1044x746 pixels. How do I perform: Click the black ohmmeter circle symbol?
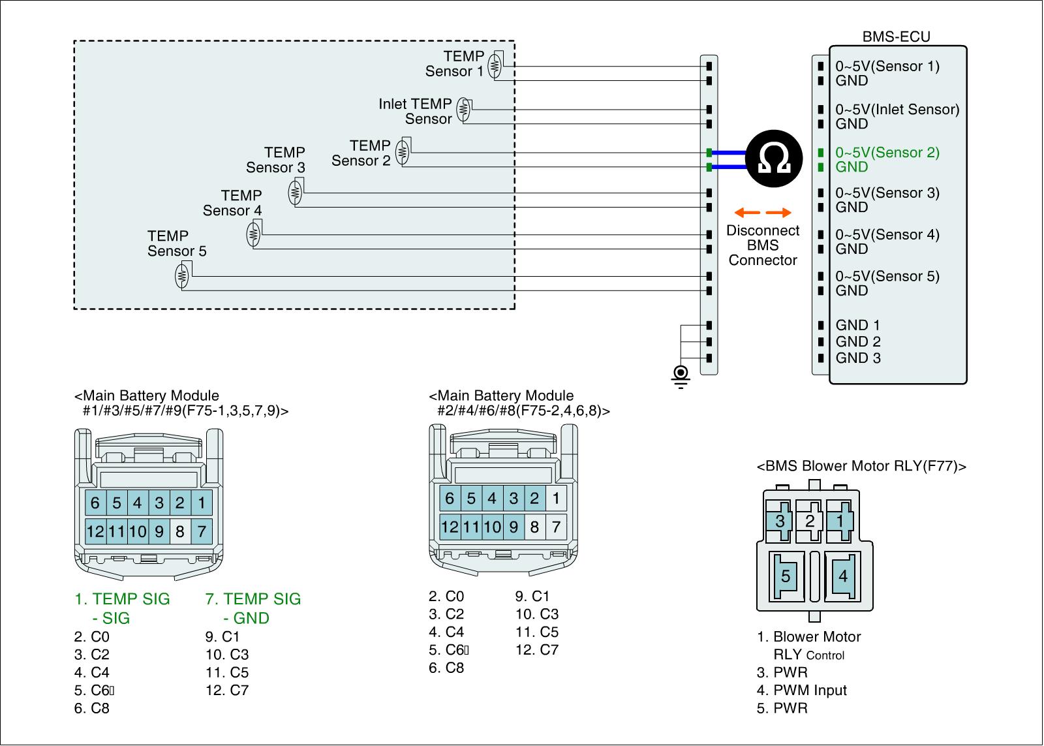774,159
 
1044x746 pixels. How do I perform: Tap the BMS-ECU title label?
896,37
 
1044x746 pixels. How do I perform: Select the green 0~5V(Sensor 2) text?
887,153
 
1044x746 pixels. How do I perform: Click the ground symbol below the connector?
681,377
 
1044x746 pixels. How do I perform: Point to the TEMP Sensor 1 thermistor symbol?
495,65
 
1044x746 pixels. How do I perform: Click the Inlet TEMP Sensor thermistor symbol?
463,110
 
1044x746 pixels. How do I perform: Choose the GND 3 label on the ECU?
858,358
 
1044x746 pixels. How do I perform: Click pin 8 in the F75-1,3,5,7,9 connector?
180,531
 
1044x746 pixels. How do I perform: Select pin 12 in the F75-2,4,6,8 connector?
450,527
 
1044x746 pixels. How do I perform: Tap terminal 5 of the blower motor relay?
786,576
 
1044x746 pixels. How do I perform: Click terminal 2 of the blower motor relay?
810,521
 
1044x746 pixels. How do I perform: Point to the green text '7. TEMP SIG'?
253,598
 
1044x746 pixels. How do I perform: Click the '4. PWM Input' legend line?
802,690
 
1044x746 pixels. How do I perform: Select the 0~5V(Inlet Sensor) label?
897,110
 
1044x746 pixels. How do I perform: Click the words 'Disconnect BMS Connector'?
763,245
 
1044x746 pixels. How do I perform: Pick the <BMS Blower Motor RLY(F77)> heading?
861,466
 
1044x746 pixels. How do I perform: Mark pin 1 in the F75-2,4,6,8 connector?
555,499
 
